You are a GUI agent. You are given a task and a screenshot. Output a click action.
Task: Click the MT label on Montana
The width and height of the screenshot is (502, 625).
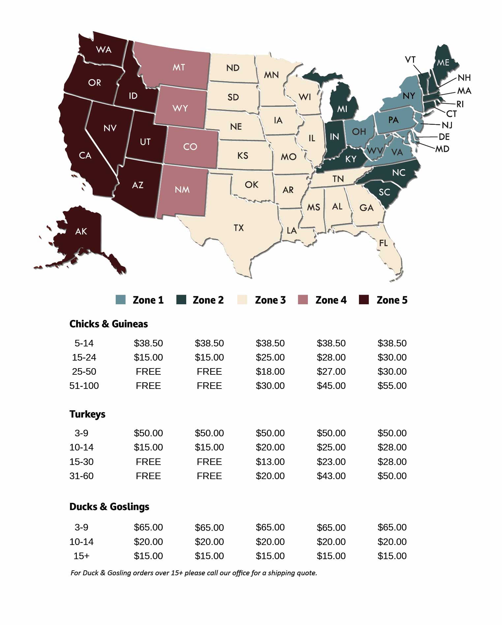179,68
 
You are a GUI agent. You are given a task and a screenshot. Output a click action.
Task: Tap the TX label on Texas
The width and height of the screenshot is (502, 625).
239,228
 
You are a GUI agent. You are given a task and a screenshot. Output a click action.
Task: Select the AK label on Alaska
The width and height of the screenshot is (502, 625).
81,231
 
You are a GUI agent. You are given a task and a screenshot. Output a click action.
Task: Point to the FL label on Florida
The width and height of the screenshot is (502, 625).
383,243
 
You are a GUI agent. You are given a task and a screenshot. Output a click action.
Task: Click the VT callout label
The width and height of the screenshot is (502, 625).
410,60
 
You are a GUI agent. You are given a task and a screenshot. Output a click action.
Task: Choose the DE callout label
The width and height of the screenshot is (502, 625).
444,137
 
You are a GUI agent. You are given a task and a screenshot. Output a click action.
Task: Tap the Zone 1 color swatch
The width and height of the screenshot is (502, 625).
121,300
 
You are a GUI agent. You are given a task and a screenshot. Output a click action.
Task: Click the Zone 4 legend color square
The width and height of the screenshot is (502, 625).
303,300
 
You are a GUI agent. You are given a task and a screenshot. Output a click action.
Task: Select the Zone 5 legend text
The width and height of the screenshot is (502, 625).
392,300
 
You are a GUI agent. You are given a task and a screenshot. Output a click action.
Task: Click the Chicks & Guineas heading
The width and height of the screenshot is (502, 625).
108,324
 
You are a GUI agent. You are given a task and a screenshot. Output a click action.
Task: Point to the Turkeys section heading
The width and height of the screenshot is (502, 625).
87,414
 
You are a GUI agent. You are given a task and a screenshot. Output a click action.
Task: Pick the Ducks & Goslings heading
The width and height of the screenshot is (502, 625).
109,506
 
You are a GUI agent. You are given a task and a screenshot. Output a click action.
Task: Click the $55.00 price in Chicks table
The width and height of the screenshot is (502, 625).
392,386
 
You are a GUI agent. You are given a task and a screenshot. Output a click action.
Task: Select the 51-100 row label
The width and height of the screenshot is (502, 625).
84,386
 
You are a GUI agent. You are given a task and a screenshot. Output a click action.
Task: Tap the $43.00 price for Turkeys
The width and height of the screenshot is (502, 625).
331,476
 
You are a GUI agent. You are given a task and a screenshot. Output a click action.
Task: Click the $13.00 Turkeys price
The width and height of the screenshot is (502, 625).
270,462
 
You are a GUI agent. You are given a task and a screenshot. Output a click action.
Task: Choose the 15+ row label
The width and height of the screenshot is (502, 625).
81,556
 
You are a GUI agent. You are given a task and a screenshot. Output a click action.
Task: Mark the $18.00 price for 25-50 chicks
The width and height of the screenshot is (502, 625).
270,371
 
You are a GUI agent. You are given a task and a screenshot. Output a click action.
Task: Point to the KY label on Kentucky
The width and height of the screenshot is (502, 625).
351,159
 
